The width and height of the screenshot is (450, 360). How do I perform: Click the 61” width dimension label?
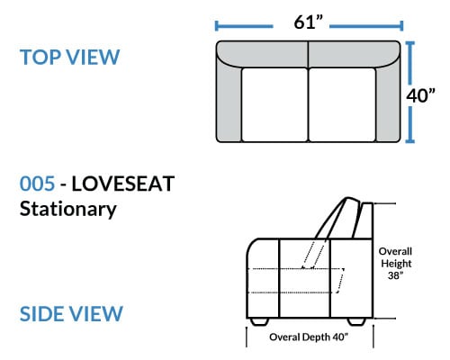click(308, 22)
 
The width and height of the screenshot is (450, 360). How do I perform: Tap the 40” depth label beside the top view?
click(420, 95)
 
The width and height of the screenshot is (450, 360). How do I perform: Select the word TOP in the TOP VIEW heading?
click(40, 57)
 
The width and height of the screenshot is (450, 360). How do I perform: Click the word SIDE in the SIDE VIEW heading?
click(42, 314)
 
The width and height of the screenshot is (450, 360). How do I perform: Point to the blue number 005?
click(37, 184)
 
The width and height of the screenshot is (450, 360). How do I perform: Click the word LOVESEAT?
click(123, 184)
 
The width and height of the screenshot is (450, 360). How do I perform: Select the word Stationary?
click(68, 210)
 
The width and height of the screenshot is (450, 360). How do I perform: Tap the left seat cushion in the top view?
click(274, 104)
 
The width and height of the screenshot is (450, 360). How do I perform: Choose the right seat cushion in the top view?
click(342, 104)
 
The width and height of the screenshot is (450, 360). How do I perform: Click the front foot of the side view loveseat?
click(259, 321)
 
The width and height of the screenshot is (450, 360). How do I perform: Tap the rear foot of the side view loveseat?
click(356, 321)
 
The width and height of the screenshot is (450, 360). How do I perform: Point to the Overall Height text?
click(395, 257)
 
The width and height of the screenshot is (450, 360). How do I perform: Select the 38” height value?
click(395, 275)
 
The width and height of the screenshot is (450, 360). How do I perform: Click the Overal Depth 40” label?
click(309, 337)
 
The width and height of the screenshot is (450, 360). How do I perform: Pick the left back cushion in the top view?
click(264, 54)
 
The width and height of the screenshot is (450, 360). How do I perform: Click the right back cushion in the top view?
click(355, 54)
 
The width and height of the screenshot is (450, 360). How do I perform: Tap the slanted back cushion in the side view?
click(337, 219)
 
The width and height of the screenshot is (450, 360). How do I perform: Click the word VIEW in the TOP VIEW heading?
click(93, 57)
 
